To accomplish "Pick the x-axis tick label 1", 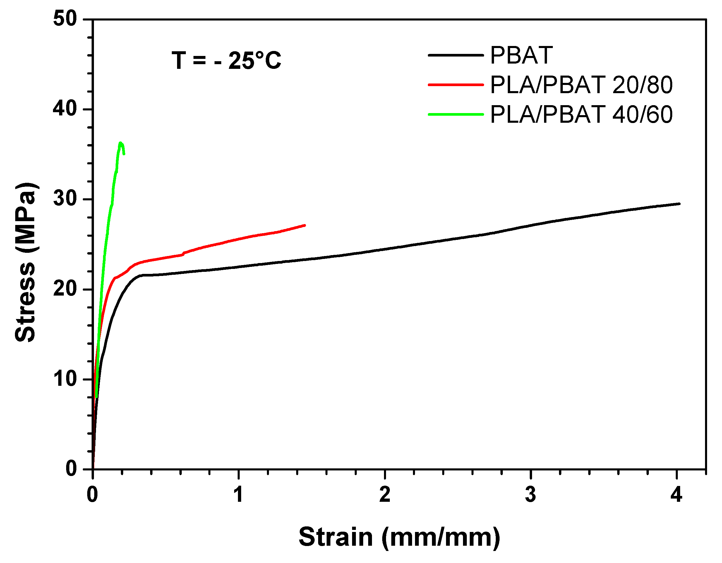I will tap(238, 495).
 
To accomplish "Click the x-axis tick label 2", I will tap(385, 495).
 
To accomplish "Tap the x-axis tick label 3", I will tap(530, 495).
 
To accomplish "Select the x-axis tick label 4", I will tap(676, 495).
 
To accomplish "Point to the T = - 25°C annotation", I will tap(226, 61).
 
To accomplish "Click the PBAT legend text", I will tap(521, 55).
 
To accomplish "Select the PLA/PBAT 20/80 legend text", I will tap(581, 85).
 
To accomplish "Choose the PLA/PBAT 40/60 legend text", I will tap(581, 115).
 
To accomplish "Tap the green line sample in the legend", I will tap(456, 115).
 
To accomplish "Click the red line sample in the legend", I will tap(456, 85).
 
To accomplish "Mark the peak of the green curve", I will tap(121, 143).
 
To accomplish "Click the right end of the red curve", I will tap(304, 225).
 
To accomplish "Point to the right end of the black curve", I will tap(679, 204).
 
